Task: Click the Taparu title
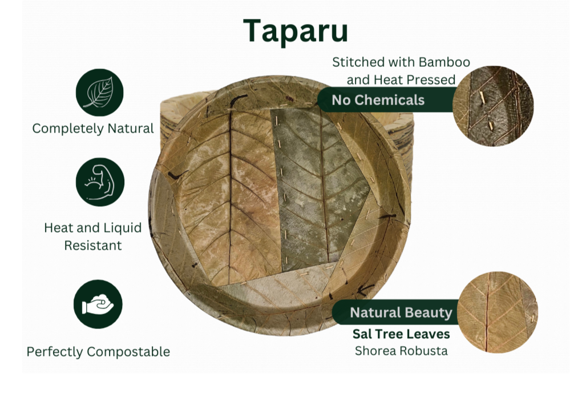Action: click(296, 31)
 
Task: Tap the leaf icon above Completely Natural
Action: click(100, 93)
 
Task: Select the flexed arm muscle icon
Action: click(100, 182)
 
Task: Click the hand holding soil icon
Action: click(98, 304)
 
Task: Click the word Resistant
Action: click(92, 245)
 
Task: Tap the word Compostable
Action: click(128, 352)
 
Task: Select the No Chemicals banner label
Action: click(378, 100)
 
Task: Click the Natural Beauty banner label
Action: click(401, 312)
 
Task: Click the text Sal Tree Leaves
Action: click(401, 334)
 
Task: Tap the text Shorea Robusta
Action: click(401, 351)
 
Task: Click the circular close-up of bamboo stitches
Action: click(493, 106)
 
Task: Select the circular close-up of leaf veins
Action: click(498, 312)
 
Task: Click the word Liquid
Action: click(124, 228)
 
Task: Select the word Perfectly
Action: click(55, 352)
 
